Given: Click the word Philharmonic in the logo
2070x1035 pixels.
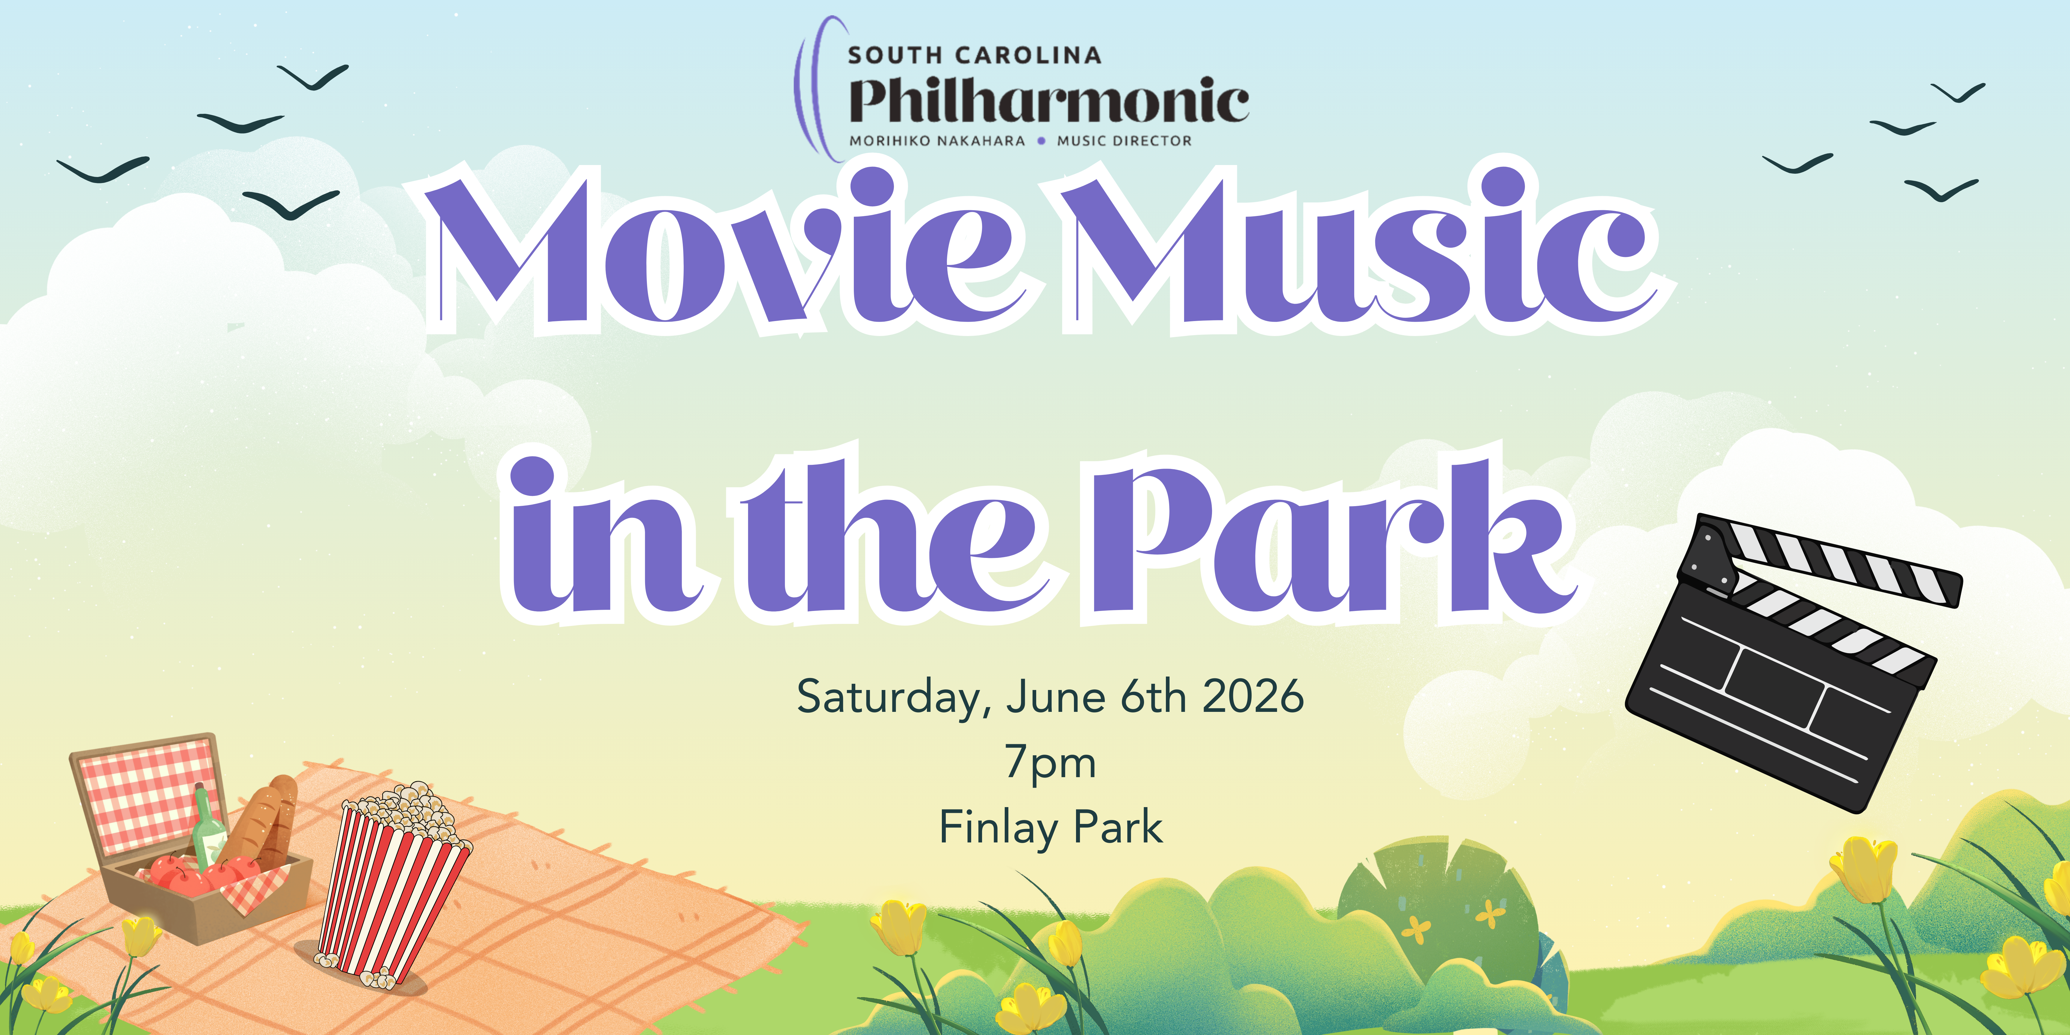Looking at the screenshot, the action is click(1049, 101).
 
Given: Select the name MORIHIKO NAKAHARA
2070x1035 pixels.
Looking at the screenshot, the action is click(937, 141).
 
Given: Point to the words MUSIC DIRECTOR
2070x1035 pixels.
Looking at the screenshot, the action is click(1124, 141).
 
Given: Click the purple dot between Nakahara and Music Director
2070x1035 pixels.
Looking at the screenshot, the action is click(1041, 141).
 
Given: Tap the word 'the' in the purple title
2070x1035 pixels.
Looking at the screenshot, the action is click(892, 534).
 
